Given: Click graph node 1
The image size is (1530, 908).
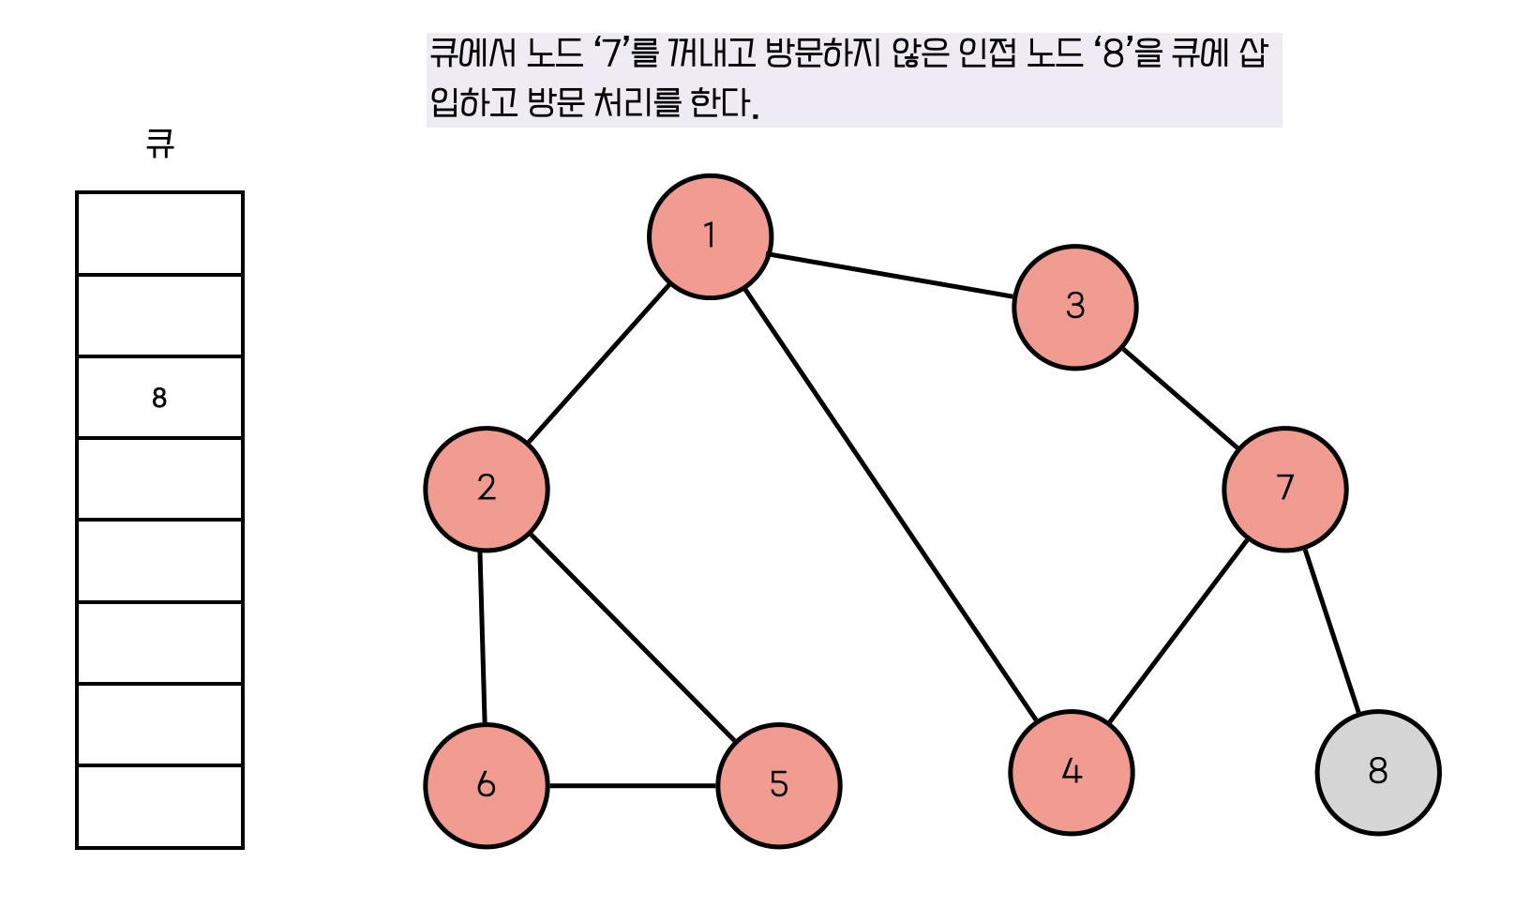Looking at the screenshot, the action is tap(710, 236).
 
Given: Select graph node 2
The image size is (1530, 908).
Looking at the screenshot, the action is tap(486, 489).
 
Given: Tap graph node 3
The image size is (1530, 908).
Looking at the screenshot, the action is tap(1074, 307).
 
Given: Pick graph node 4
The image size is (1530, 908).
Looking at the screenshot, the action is tap(1071, 772).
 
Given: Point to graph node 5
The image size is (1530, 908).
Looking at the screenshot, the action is tap(778, 785).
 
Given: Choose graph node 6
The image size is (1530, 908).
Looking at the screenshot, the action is tap(486, 785).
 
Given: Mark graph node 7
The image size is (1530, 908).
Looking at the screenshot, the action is tap(1284, 489).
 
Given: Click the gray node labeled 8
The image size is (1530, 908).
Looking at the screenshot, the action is tap(1377, 772).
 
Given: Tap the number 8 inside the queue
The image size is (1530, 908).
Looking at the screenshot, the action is tap(159, 398).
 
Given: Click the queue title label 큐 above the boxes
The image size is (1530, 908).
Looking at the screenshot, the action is tap(160, 144).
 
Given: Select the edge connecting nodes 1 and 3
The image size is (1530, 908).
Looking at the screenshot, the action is tap(892, 276).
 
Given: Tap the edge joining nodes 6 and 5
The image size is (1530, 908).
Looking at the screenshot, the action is tap(633, 785).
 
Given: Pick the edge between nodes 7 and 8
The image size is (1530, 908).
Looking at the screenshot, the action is tap(1331, 631).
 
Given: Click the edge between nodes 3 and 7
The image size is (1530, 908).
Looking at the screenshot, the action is tap(1180, 398).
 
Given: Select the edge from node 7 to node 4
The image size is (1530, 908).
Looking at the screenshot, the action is tap(1177, 630).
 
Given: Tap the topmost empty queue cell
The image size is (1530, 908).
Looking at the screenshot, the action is tap(159, 234).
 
